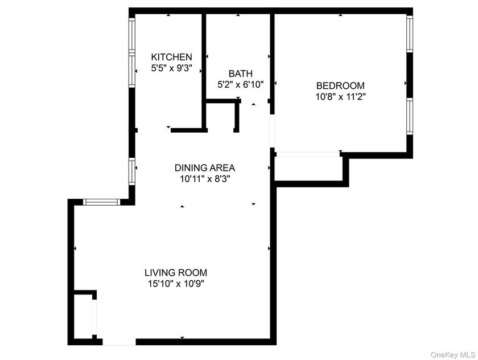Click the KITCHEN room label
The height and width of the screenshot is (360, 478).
(x=172, y=57)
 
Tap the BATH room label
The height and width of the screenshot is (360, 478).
(x=241, y=73)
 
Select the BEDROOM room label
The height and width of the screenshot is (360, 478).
(x=340, y=85)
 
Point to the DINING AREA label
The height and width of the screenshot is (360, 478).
(x=204, y=168)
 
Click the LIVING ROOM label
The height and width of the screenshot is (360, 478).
(x=176, y=272)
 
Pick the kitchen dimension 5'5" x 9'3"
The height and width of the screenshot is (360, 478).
(x=172, y=68)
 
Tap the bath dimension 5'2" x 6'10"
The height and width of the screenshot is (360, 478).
(x=241, y=84)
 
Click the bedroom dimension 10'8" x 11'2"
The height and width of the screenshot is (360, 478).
(x=340, y=97)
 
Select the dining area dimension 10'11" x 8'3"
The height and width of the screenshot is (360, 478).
(x=204, y=179)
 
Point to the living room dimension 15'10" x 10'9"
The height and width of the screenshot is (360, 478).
(x=176, y=284)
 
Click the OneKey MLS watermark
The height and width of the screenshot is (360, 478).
(x=453, y=355)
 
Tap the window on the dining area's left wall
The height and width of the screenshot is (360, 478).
(x=131, y=171)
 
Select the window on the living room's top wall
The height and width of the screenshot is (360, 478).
(x=102, y=202)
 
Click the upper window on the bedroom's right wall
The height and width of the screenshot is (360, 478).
(x=410, y=34)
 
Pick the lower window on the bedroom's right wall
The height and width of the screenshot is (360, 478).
(x=410, y=116)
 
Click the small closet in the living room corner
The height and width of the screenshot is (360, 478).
(x=83, y=316)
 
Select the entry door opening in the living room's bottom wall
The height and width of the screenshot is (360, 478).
(x=119, y=342)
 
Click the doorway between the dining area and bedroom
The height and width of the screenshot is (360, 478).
(x=273, y=131)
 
